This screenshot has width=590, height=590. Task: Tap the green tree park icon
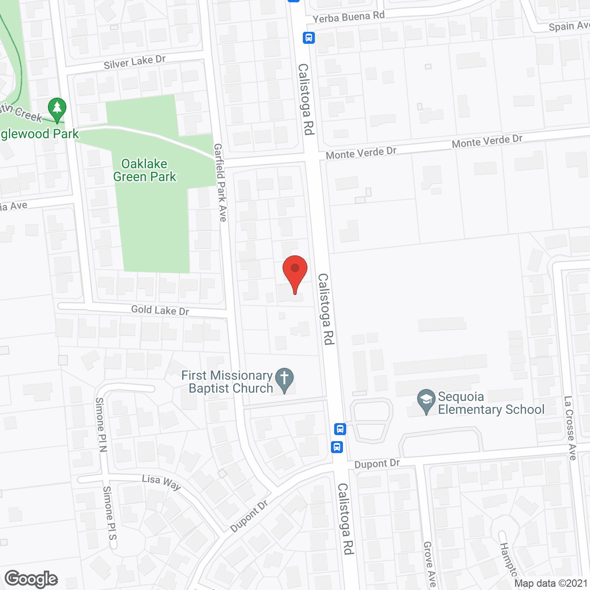[57, 110]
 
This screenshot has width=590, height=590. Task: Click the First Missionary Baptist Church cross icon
[284, 380]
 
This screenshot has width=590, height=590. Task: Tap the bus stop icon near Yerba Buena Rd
[309, 38]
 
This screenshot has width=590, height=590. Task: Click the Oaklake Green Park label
[145, 170]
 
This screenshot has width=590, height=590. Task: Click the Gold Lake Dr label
[160, 310]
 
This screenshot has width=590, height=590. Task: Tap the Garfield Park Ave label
[220, 183]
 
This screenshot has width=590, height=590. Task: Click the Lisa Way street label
[161, 482]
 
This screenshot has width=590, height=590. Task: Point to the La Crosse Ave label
[570, 428]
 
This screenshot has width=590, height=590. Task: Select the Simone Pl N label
[101, 425]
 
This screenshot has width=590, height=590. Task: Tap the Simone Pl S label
[110, 513]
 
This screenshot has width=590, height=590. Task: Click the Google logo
[31, 579]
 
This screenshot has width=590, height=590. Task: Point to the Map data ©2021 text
[551, 584]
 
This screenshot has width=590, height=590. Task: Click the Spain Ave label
[569, 26]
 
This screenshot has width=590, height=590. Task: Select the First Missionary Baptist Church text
[227, 382]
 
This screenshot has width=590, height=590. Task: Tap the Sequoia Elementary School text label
[491, 403]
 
